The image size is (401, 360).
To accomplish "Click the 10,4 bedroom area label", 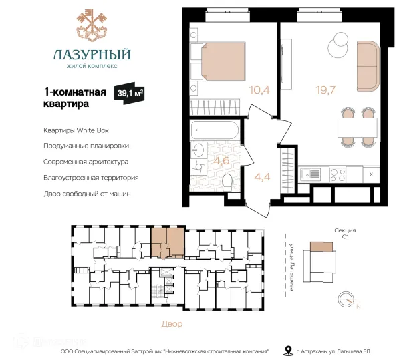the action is click(259, 90).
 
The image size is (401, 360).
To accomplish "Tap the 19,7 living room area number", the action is click(325, 90).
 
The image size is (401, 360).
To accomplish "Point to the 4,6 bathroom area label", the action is click(221, 161).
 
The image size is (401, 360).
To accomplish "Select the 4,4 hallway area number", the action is click(263, 177).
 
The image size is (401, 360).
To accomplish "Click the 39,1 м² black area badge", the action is click(129, 93).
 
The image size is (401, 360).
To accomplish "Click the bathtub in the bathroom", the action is click(215, 130).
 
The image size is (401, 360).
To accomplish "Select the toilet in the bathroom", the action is click(227, 182).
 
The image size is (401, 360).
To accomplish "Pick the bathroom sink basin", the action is click(198, 150).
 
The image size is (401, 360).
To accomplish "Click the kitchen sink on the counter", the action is click(310, 174).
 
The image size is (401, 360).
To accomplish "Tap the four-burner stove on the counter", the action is click(338, 174).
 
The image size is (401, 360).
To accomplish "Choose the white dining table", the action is click(358, 128).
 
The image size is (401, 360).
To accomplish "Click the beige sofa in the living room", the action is click(368, 66).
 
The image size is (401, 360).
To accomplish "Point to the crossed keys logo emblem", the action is click(92, 25).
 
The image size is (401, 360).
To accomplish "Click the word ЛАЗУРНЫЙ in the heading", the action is click(92, 55).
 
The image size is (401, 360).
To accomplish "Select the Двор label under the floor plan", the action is click(172, 324).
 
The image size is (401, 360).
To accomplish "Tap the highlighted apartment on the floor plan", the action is click(168, 242).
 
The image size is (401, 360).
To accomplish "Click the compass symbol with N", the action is click(346, 299).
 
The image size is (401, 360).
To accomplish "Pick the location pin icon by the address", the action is click(289, 351).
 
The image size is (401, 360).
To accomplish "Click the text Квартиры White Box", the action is click(76, 130).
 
